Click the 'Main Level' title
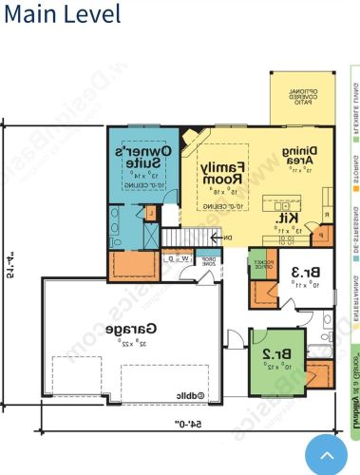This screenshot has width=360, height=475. (x=62, y=15)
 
